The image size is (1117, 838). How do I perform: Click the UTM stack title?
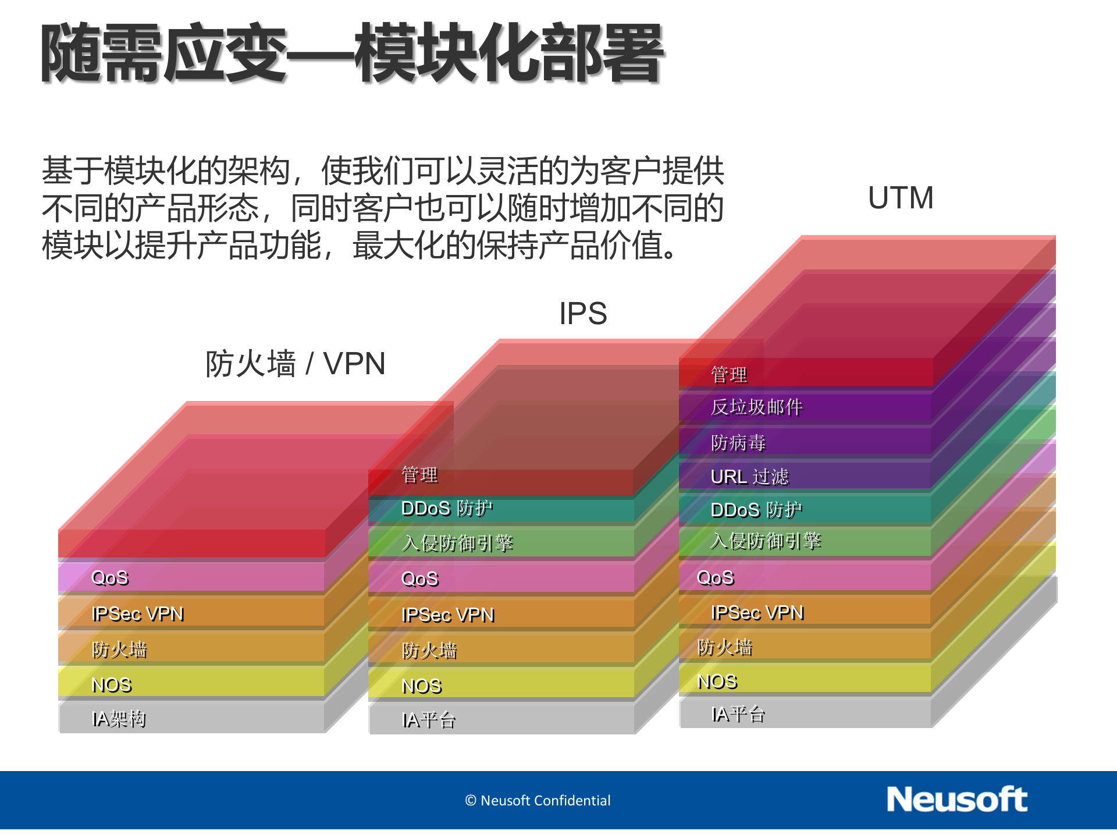(901, 198)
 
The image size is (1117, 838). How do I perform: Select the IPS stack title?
(583, 314)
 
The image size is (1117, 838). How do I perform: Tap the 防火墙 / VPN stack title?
(296, 364)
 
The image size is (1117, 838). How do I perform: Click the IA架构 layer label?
(119, 719)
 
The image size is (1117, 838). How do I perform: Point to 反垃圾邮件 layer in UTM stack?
(756, 407)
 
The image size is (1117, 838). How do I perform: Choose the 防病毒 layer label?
(738, 443)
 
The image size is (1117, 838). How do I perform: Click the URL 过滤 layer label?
(749, 477)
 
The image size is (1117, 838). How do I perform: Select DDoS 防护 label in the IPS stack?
(447, 509)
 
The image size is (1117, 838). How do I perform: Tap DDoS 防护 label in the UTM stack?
(756, 510)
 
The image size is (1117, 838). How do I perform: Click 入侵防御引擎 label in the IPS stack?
(457, 544)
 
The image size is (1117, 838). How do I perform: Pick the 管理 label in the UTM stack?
(729, 375)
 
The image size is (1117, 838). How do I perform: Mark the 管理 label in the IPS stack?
(419, 475)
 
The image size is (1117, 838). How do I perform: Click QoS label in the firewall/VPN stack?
(110, 578)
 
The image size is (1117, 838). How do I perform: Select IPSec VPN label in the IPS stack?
(448, 615)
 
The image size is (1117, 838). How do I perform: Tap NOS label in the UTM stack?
(717, 681)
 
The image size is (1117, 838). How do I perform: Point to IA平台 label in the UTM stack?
(738, 715)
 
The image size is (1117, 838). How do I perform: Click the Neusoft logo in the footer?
(956, 800)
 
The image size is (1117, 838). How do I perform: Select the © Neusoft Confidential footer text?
(538, 801)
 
